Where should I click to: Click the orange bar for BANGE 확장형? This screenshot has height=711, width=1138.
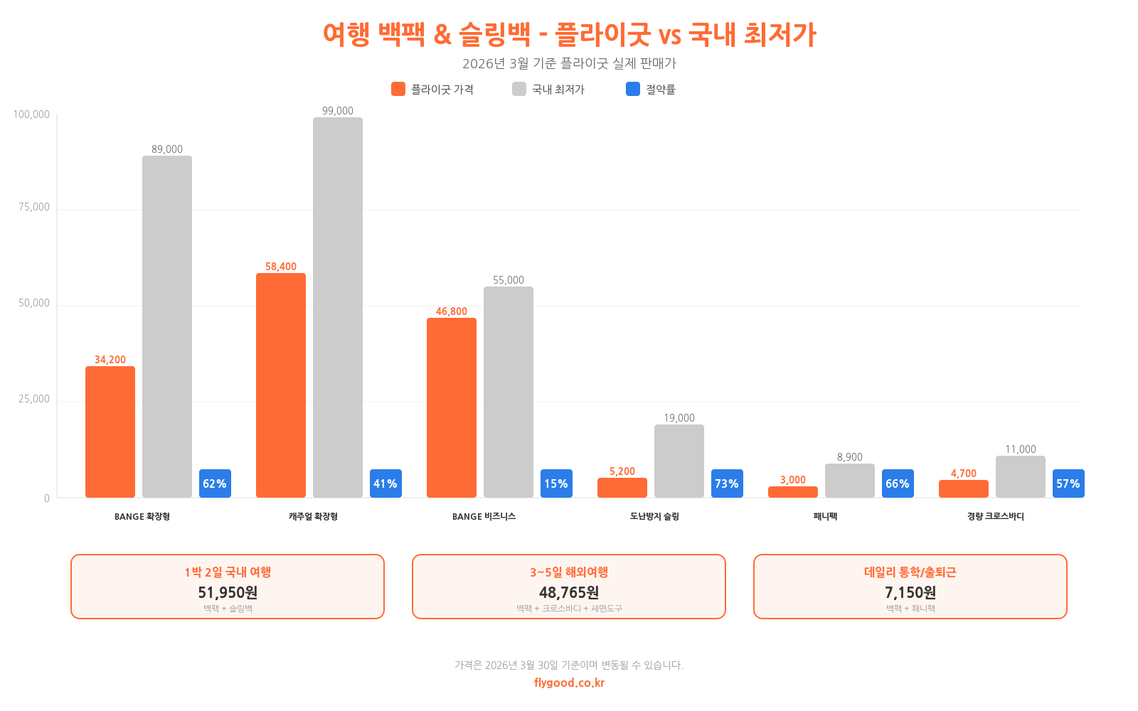coord(110,432)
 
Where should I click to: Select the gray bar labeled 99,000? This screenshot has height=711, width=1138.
coord(338,307)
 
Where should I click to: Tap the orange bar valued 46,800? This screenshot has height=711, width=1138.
coord(452,407)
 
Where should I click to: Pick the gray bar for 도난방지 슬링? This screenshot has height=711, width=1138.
coord(679,461)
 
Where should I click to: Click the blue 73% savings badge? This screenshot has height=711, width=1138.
coord(727,483)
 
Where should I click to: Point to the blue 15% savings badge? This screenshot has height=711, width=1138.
coord(556,483)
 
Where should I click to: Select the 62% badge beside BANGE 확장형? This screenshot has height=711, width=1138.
coord(215,483)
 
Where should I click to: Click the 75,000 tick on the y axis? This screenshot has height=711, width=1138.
coord(34,207)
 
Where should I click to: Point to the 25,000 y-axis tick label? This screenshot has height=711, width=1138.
coord(34,399)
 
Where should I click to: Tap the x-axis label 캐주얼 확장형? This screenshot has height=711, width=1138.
coord(313,517)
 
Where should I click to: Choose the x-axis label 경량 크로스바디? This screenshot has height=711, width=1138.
coord(996,517)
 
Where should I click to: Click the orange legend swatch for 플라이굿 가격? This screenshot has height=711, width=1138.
coord(398,89)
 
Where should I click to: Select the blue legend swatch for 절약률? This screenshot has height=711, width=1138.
coord(633,89)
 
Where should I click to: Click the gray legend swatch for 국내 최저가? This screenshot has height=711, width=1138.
coord(519,89)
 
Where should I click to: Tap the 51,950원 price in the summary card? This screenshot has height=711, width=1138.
coord(228,592)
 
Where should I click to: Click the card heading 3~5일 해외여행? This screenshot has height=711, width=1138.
coord(569,572)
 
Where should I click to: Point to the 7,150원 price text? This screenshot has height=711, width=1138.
coord(910,592)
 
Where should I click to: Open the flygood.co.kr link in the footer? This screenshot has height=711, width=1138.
coord(569,683)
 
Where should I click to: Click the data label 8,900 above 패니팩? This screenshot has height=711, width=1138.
coord(850,457)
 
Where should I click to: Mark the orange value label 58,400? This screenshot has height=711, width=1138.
coord(281,267)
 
